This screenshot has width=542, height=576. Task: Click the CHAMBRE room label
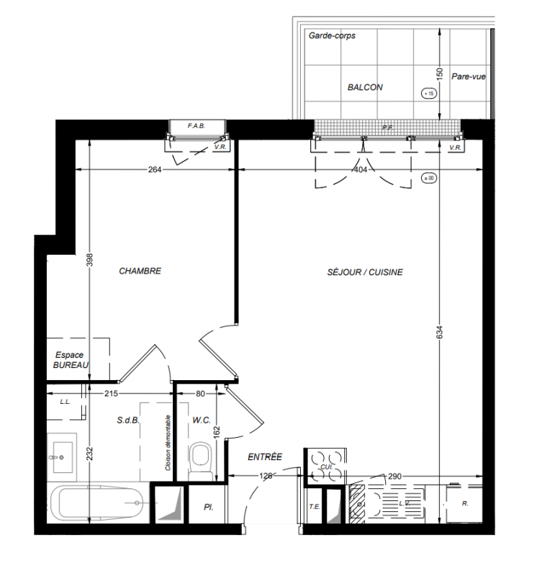point(140,271)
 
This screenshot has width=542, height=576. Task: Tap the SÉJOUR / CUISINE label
point(365,272)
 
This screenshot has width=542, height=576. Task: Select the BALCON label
point(365,87)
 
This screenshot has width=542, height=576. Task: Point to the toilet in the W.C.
point(201,461)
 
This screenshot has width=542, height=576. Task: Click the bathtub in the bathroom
point(96,503)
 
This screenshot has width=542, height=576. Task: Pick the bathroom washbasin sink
point(62,457)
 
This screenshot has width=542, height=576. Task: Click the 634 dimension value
point(440,332)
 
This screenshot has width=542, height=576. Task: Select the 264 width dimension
point(155,170)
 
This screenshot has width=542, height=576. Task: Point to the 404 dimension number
point(360,170)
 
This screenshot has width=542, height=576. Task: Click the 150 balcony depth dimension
point(440,74)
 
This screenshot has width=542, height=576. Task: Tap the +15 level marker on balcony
point(429,94)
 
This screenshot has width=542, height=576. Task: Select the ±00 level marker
point(429,178)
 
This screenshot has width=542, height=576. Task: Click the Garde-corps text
point(332,35)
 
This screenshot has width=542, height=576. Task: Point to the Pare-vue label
point(468,77)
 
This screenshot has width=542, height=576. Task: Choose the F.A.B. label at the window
point(197,126)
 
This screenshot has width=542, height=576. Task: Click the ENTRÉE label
point(265,457)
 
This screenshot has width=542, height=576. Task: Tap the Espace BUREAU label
point(71,360)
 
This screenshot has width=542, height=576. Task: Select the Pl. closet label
point(208,508)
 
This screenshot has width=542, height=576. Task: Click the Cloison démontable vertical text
point(168,443)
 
